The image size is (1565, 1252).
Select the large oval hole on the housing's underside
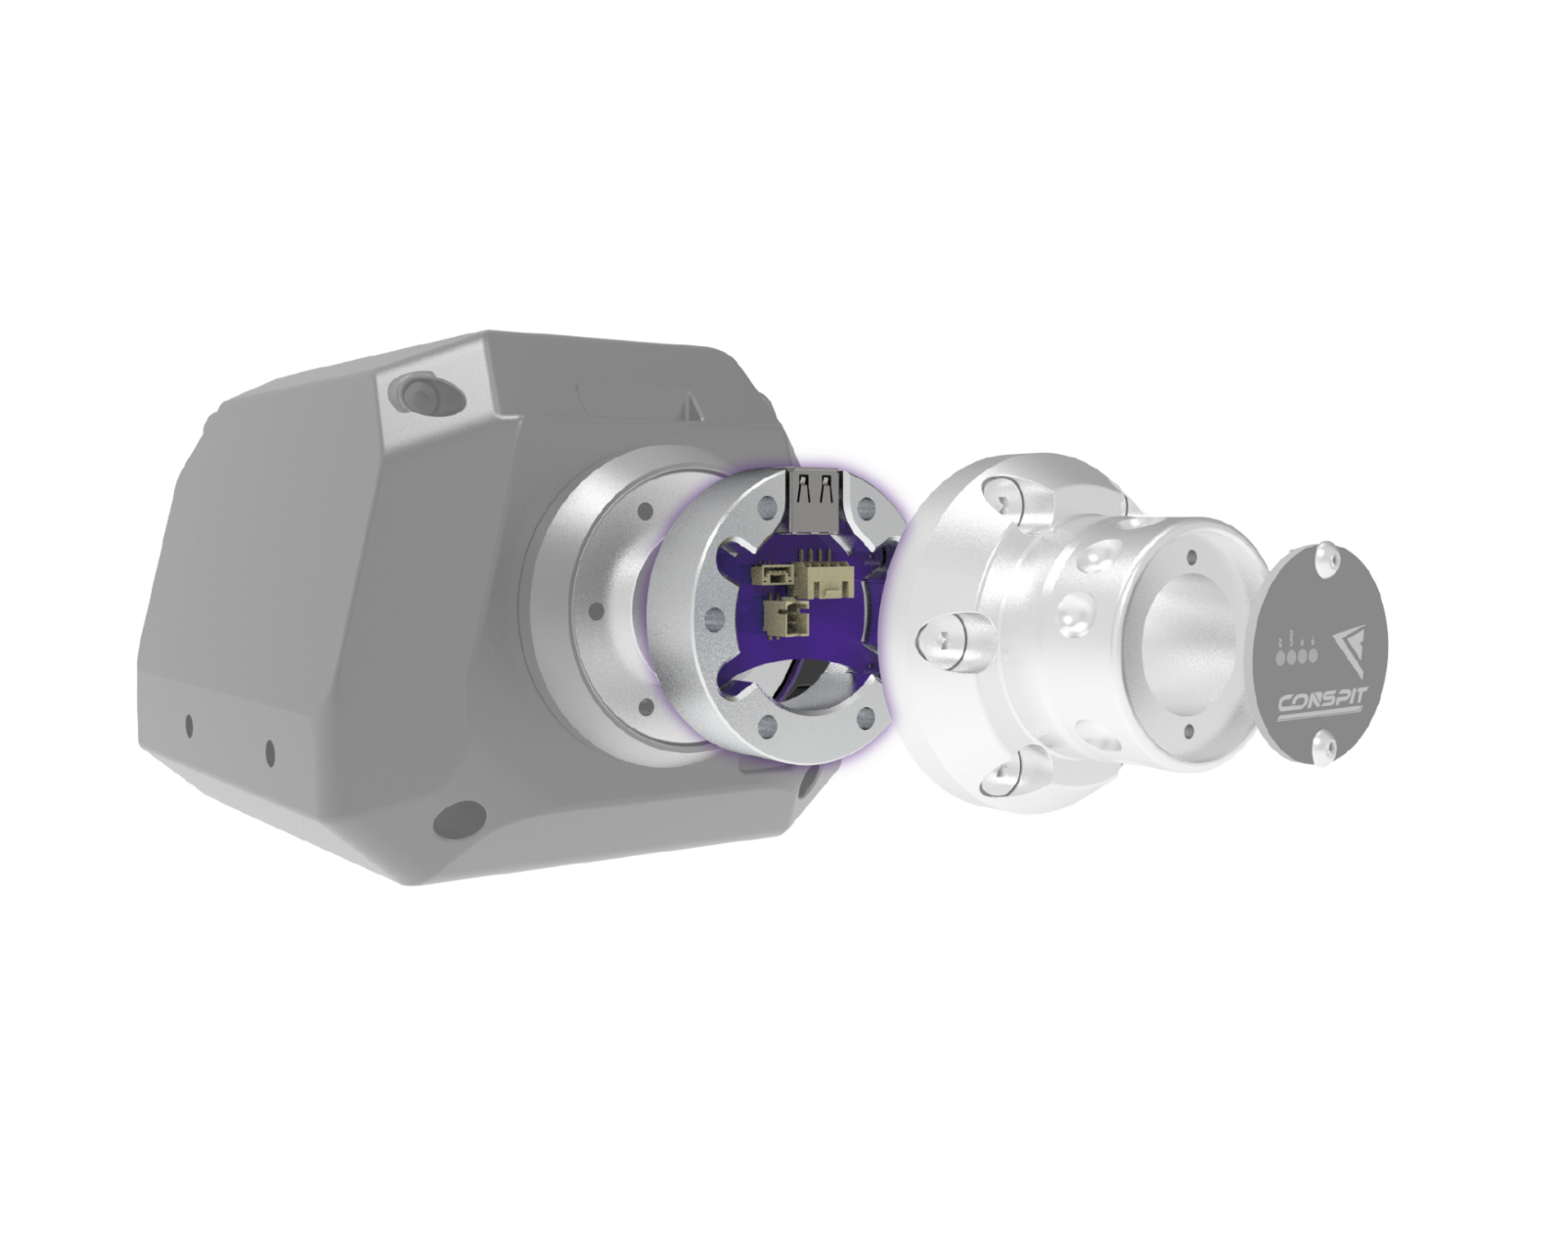(459, 819)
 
